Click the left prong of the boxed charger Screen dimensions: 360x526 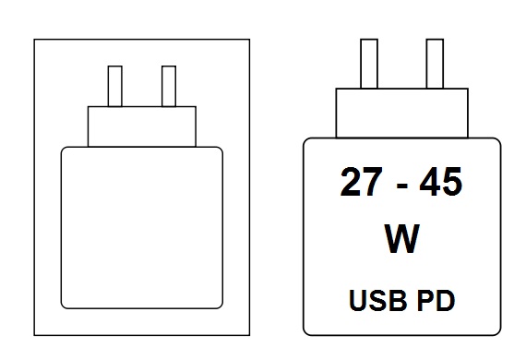coord(115,86)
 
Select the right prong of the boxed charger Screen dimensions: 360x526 coord(169,86)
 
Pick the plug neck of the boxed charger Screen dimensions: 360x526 coord(142,126)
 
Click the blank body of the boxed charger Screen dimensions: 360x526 coord(141,226)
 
